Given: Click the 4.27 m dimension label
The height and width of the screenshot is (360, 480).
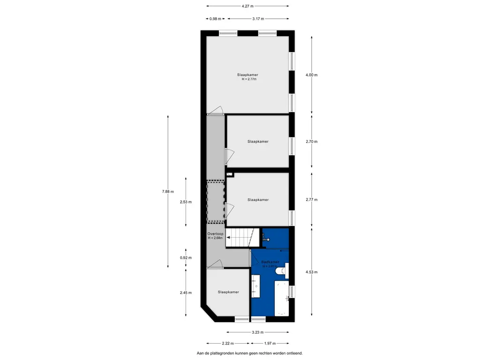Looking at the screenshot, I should point(247,6).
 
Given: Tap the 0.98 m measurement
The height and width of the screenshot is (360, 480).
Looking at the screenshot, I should point(215,19).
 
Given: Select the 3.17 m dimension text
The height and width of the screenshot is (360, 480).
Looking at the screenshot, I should point(257,19).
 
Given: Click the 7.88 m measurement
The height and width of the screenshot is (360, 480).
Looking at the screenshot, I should point(168,191).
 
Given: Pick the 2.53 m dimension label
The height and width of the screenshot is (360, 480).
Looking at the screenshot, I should point(186,202).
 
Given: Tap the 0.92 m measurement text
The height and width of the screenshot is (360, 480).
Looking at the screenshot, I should point(186,258).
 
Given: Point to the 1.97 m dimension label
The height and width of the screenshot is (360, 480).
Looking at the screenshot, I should point(270,344).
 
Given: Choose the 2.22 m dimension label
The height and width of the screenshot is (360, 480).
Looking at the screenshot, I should point(228,344).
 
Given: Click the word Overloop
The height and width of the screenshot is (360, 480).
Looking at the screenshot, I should point(216,233).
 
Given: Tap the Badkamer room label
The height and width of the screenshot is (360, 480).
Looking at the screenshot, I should point(270,262).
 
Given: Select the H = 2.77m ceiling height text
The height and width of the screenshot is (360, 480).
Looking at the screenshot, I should point(249,79).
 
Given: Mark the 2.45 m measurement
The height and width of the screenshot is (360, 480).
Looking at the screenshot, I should point(186,293).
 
